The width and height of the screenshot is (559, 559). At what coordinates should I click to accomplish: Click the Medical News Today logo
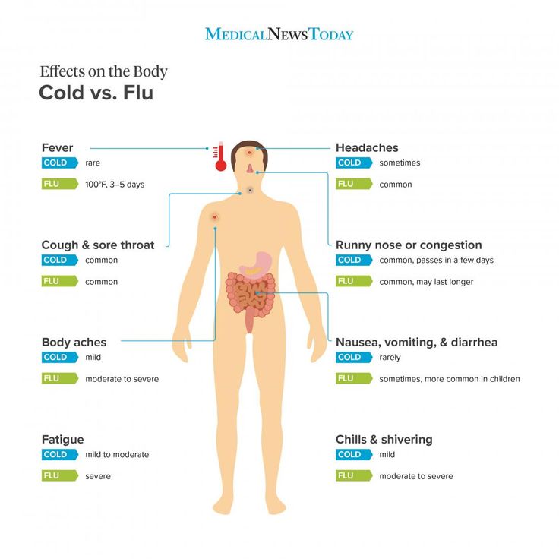(279, 34)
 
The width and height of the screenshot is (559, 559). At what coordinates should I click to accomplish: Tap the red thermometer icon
(220, 156)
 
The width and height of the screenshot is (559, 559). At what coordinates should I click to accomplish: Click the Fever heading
(57, 147)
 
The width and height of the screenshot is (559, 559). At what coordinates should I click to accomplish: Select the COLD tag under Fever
(60, 163)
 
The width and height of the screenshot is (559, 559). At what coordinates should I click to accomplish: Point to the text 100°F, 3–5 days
(115, 185)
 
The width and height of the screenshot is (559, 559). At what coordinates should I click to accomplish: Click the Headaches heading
(367, 147)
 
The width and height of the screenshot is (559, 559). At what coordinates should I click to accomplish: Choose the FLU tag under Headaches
(354, 184)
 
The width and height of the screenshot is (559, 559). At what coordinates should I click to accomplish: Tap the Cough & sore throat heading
(98, 245)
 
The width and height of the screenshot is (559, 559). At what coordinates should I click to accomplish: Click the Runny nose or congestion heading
(409, 245)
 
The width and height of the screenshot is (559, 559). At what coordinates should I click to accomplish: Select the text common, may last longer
(426, 282)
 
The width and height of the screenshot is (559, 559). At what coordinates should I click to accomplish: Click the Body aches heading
(74, 343)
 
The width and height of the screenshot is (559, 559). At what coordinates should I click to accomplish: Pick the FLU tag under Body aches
(60, 378)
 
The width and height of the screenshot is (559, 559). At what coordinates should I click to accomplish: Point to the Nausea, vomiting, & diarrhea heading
(416, 343)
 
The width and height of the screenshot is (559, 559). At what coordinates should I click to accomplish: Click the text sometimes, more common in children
(450, 379)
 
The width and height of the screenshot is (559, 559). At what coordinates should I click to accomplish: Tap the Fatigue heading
(63, 440)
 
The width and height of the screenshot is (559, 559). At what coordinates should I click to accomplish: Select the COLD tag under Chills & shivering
(354, 454)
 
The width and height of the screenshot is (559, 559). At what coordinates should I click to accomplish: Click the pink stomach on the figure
(256, 265)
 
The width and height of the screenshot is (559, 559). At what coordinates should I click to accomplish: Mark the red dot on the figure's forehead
(250, 153)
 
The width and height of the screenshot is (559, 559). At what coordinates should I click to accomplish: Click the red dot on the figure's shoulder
(215, 217)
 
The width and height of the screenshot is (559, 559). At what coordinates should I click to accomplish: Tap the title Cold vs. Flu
(96, 93)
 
